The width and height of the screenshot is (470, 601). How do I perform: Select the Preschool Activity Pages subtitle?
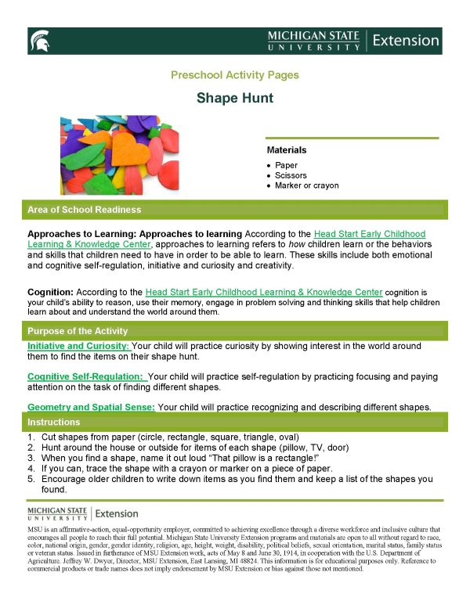(234, 75)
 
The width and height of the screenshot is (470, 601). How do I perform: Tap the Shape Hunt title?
(234, 99)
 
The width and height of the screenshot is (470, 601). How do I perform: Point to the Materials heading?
(286, 149)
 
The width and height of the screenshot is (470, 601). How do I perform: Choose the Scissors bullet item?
(291, 175)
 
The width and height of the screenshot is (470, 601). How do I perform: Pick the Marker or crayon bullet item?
(306, 185)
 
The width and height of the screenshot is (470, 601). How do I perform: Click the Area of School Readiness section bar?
(234, 210)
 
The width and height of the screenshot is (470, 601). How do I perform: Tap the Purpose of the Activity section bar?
(234, 331)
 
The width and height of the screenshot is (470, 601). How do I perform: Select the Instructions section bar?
(234, 422)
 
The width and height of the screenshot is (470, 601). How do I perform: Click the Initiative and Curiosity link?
(78, 346)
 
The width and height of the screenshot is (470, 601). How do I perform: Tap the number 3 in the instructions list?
(31, 458)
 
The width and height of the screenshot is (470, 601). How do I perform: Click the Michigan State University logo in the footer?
(83, 513)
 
